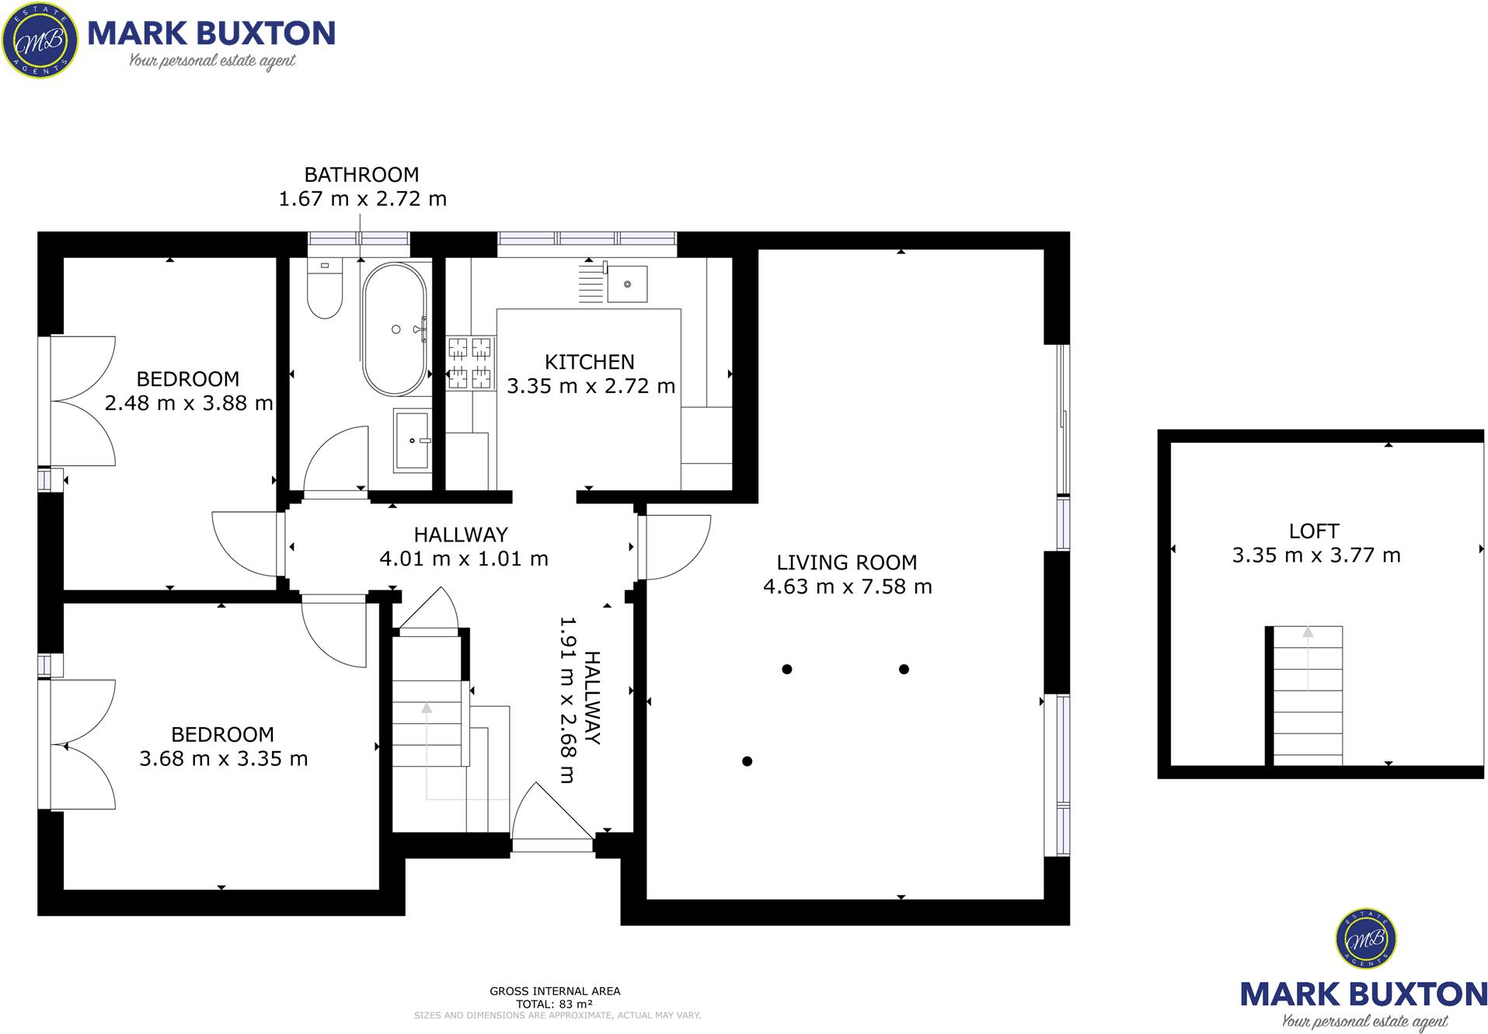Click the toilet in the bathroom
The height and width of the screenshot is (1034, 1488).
324,291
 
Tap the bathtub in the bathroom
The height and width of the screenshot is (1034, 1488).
395,329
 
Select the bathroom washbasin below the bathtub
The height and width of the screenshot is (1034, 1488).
411,440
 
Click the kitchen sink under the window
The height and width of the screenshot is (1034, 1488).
626,284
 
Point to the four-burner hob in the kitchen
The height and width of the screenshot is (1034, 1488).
470,363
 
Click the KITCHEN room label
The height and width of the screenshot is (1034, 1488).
589,362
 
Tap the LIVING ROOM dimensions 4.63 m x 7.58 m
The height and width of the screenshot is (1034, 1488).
847,587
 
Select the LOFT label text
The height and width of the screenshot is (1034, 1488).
1313,531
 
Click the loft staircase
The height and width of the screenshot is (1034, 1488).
1307,695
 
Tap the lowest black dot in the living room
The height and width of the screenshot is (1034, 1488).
747,761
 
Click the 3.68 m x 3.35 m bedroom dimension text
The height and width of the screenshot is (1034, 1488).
224,759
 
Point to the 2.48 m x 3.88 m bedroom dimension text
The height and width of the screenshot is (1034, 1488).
189,403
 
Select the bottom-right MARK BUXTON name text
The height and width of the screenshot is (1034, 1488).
1364,994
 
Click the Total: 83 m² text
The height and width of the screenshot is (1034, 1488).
554,1004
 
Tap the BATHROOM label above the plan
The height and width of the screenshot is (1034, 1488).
361,175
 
